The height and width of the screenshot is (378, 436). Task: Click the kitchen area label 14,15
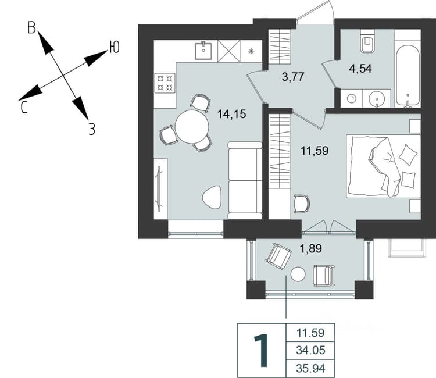(232, 114)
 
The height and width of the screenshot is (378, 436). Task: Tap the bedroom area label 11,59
(315, 151)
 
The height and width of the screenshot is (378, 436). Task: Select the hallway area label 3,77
(293, 77)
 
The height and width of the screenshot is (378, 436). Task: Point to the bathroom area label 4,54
(360, 69)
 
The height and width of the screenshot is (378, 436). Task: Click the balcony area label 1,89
(310, 248)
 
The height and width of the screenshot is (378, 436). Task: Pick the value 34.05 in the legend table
(310, 350)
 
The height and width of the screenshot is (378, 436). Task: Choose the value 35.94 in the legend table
(310, 368)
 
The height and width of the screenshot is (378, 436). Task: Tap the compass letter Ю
(115, 47)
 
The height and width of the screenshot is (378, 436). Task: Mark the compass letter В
(32, 28)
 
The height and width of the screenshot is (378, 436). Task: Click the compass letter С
(24, 107)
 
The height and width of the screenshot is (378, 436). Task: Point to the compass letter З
(92, 129)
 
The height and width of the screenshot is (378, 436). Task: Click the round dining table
(192, 127)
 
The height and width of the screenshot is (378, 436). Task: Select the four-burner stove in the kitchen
(165, 83)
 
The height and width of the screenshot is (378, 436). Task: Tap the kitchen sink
(203, 51)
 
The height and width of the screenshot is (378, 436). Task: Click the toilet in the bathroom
(367, 41)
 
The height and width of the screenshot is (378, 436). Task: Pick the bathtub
(408, 76)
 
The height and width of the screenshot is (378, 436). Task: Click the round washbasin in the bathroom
(377, 98)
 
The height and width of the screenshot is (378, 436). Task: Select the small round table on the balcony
(298, 274)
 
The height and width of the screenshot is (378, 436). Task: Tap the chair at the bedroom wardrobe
(302, 204)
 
